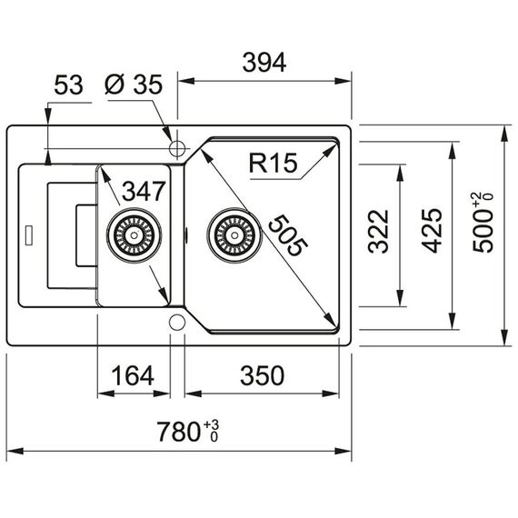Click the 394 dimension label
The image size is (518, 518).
[x=264, y=63]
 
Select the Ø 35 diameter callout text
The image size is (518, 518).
[x=134, y=85]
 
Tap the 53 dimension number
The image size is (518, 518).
[x=68, y=85]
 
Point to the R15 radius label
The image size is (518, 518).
[x=273, y=163]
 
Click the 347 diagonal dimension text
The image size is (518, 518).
[x=144, y=191]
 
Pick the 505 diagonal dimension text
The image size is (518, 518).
[x=288, y=234]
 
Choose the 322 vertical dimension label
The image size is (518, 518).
[x=378, y=232]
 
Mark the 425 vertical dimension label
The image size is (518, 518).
[x=432, y=231]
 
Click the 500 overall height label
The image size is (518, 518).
[x=483, y=231]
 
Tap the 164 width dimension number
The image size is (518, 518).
[x=133, y=375]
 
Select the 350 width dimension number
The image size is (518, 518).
[x=262, y=375]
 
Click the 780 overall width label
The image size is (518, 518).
[x=178, y=432]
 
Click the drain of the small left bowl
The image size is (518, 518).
[x=134, y=235]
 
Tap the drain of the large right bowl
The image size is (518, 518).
[x=234, y=235]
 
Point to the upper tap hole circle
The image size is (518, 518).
[x=177, y=148]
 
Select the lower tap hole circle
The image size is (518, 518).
[x=177, y=323]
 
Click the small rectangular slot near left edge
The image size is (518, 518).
[x=29, y=235]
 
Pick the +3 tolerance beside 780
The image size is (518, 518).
[x=211, y=423]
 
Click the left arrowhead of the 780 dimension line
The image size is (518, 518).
[x=15, y=451]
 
